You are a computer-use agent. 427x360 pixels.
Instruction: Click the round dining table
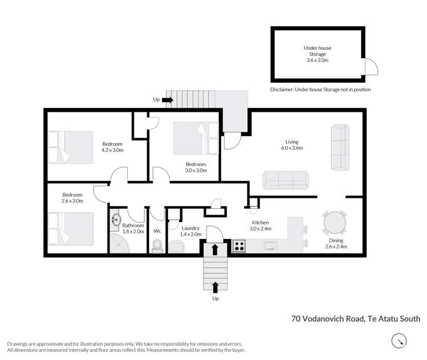point(334,222)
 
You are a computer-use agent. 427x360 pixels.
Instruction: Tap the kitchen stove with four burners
point(239,246)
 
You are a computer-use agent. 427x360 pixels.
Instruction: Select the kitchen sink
point(271,246)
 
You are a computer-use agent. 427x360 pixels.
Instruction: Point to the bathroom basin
point(116,220)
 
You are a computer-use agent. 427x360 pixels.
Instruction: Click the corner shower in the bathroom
point(120,244)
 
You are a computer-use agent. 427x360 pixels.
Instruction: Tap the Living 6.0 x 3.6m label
point(292,145)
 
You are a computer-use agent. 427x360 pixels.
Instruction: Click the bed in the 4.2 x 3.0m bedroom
point(71,147)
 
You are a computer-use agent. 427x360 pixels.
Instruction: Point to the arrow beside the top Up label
point(167,100)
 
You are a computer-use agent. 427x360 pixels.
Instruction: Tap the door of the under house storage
point(371,67)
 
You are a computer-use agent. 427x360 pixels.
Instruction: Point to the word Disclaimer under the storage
point(283,90)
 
